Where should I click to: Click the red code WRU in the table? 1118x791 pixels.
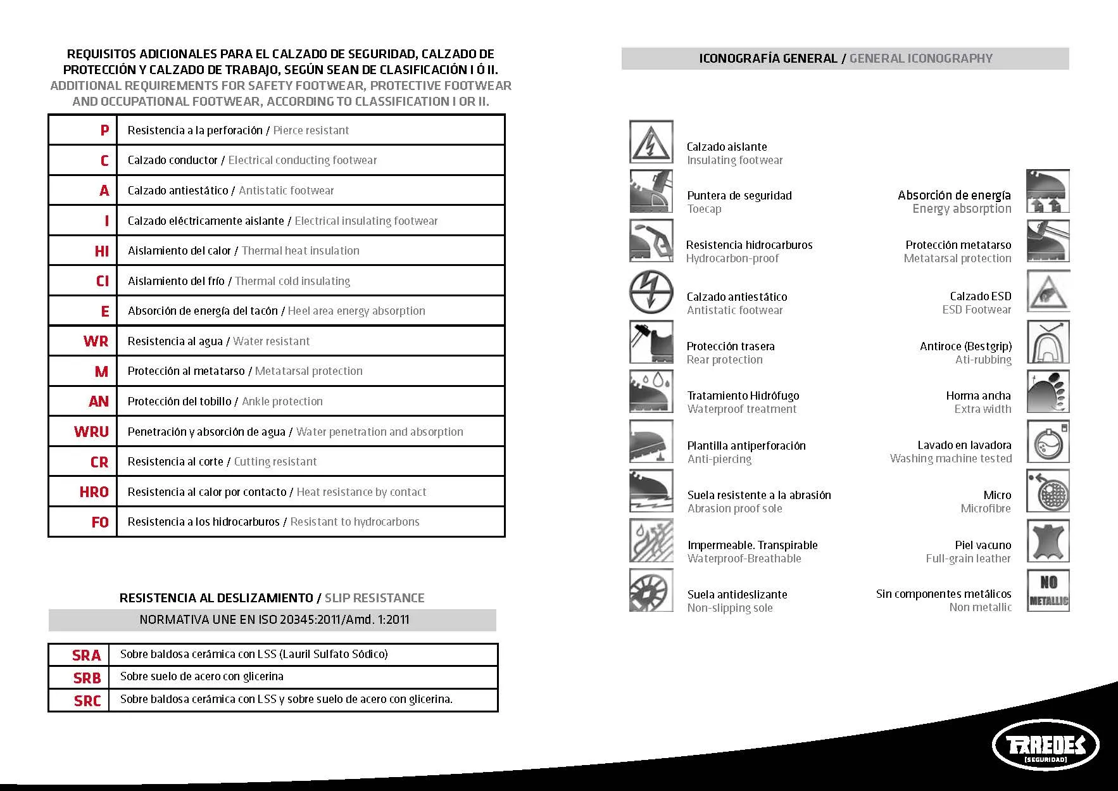pyautogui.click(x=91, y=432)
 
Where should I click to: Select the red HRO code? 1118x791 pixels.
pyautogui.click(x=94, y=492)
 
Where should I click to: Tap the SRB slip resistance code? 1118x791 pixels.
pyautogui.click(x=87, y=678)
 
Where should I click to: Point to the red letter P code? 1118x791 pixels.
pyautogui.click(x=104, y=130)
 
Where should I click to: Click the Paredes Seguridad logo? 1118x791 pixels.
pyautogui.click(x=1045, y=745)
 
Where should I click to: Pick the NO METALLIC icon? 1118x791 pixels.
pyautogui.click(x=1048, y=590)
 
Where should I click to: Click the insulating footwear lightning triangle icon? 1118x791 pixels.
pyautogui.click(x=651, y=142)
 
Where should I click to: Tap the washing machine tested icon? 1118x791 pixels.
pyautogui.click(x=1048, y=441)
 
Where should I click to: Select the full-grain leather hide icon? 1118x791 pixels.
pyautogui.click(x=1048, y=541)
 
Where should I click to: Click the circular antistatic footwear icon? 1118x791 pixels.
pyautogui.click(x=651, y=292)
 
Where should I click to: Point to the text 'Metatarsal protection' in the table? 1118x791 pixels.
pyautogui.click(x=308, y=371)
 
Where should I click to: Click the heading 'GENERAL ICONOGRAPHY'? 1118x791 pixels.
pyautogui.click(x=920, y=59)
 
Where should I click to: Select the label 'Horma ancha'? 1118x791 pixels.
pyautogui.click(x=978, y=396)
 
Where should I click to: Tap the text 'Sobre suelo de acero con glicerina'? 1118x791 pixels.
pyautogui.click(x=201, y=676)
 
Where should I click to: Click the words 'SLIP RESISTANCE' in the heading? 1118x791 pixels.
pyautogui.click(x=374, y=598)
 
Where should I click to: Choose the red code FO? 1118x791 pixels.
pyautogui.click(x=100, y=522)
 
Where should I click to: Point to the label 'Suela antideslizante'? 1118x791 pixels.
pyautogui.click(x=737, y=595)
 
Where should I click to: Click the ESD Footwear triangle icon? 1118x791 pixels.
pyautogui.click(x=1048, y=291)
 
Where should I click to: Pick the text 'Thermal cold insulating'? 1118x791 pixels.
pyautogui.click(x=292, y=281)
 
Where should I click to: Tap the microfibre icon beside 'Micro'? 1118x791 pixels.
pyautogui.click(x=1048, y=491)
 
